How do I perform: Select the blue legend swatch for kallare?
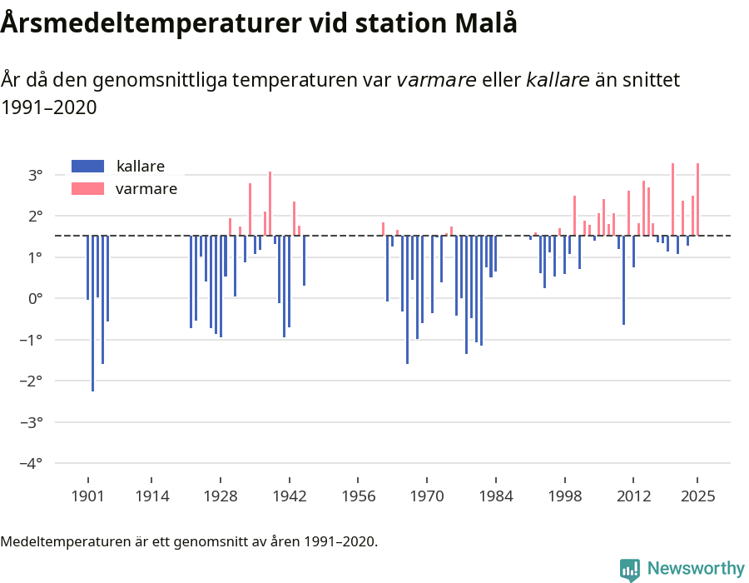pos(88,166)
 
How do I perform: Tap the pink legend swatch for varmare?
pos(88,189)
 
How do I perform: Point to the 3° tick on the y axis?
pos(35,175)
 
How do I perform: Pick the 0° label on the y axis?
pos(35,298)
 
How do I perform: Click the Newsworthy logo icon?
pos(630,569)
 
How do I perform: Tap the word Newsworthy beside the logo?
pos(695,569)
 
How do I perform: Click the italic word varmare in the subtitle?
pos(436,81)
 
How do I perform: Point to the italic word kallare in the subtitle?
pos(558,81)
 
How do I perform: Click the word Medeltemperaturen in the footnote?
pos(62,542)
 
